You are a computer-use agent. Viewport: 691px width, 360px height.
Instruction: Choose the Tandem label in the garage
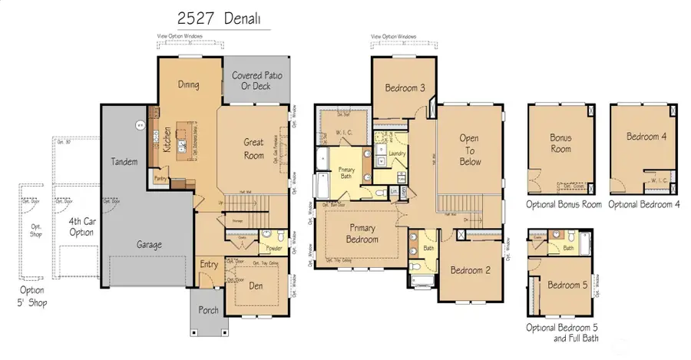(124, 161)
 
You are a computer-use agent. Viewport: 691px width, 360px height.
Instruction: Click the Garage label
(148, 245)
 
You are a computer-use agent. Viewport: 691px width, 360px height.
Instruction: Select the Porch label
(208, 310)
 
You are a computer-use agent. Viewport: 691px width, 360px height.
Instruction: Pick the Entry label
(209, 264)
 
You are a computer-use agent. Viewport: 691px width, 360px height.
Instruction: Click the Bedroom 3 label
(404, 88)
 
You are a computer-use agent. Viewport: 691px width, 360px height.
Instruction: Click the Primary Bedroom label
(362, 233)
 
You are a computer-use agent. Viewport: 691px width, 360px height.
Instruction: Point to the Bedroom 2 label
(470, 270)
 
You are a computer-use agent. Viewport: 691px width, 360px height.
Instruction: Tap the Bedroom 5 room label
(567, 286)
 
